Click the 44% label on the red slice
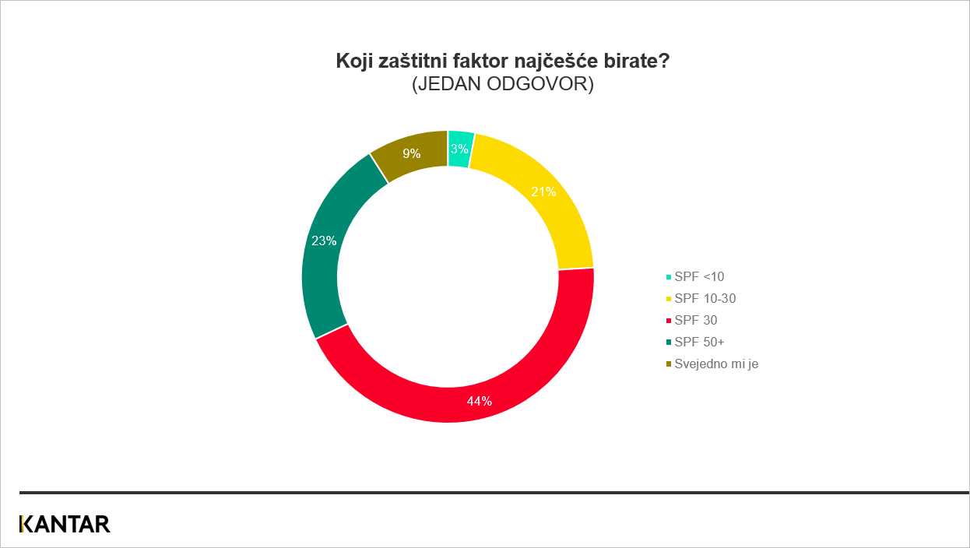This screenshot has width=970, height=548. coord(479,401)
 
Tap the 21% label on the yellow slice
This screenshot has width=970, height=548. coord(543,191)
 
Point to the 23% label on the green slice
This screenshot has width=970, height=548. coord(324,241)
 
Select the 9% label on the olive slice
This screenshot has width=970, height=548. coord(411,153)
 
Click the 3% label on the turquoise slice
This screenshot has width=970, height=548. coord(459,149)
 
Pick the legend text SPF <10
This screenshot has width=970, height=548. coord(699,276)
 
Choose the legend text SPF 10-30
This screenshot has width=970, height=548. coord(705,298)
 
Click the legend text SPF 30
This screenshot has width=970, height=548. coord(696,321)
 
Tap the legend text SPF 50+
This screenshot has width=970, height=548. coord(699,342)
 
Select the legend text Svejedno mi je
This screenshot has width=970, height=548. coord(716,364)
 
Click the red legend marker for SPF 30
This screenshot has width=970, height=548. coord(669,321)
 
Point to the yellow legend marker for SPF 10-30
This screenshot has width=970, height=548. coord(669,299)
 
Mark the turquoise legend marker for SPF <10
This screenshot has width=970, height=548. coord(669,277)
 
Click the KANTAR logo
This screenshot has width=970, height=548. coord(65,524)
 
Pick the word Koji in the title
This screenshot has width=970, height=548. coord(354,61)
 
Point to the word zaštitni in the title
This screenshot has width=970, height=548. coord(413,61)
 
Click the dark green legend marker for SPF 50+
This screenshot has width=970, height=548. coord(669,342)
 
